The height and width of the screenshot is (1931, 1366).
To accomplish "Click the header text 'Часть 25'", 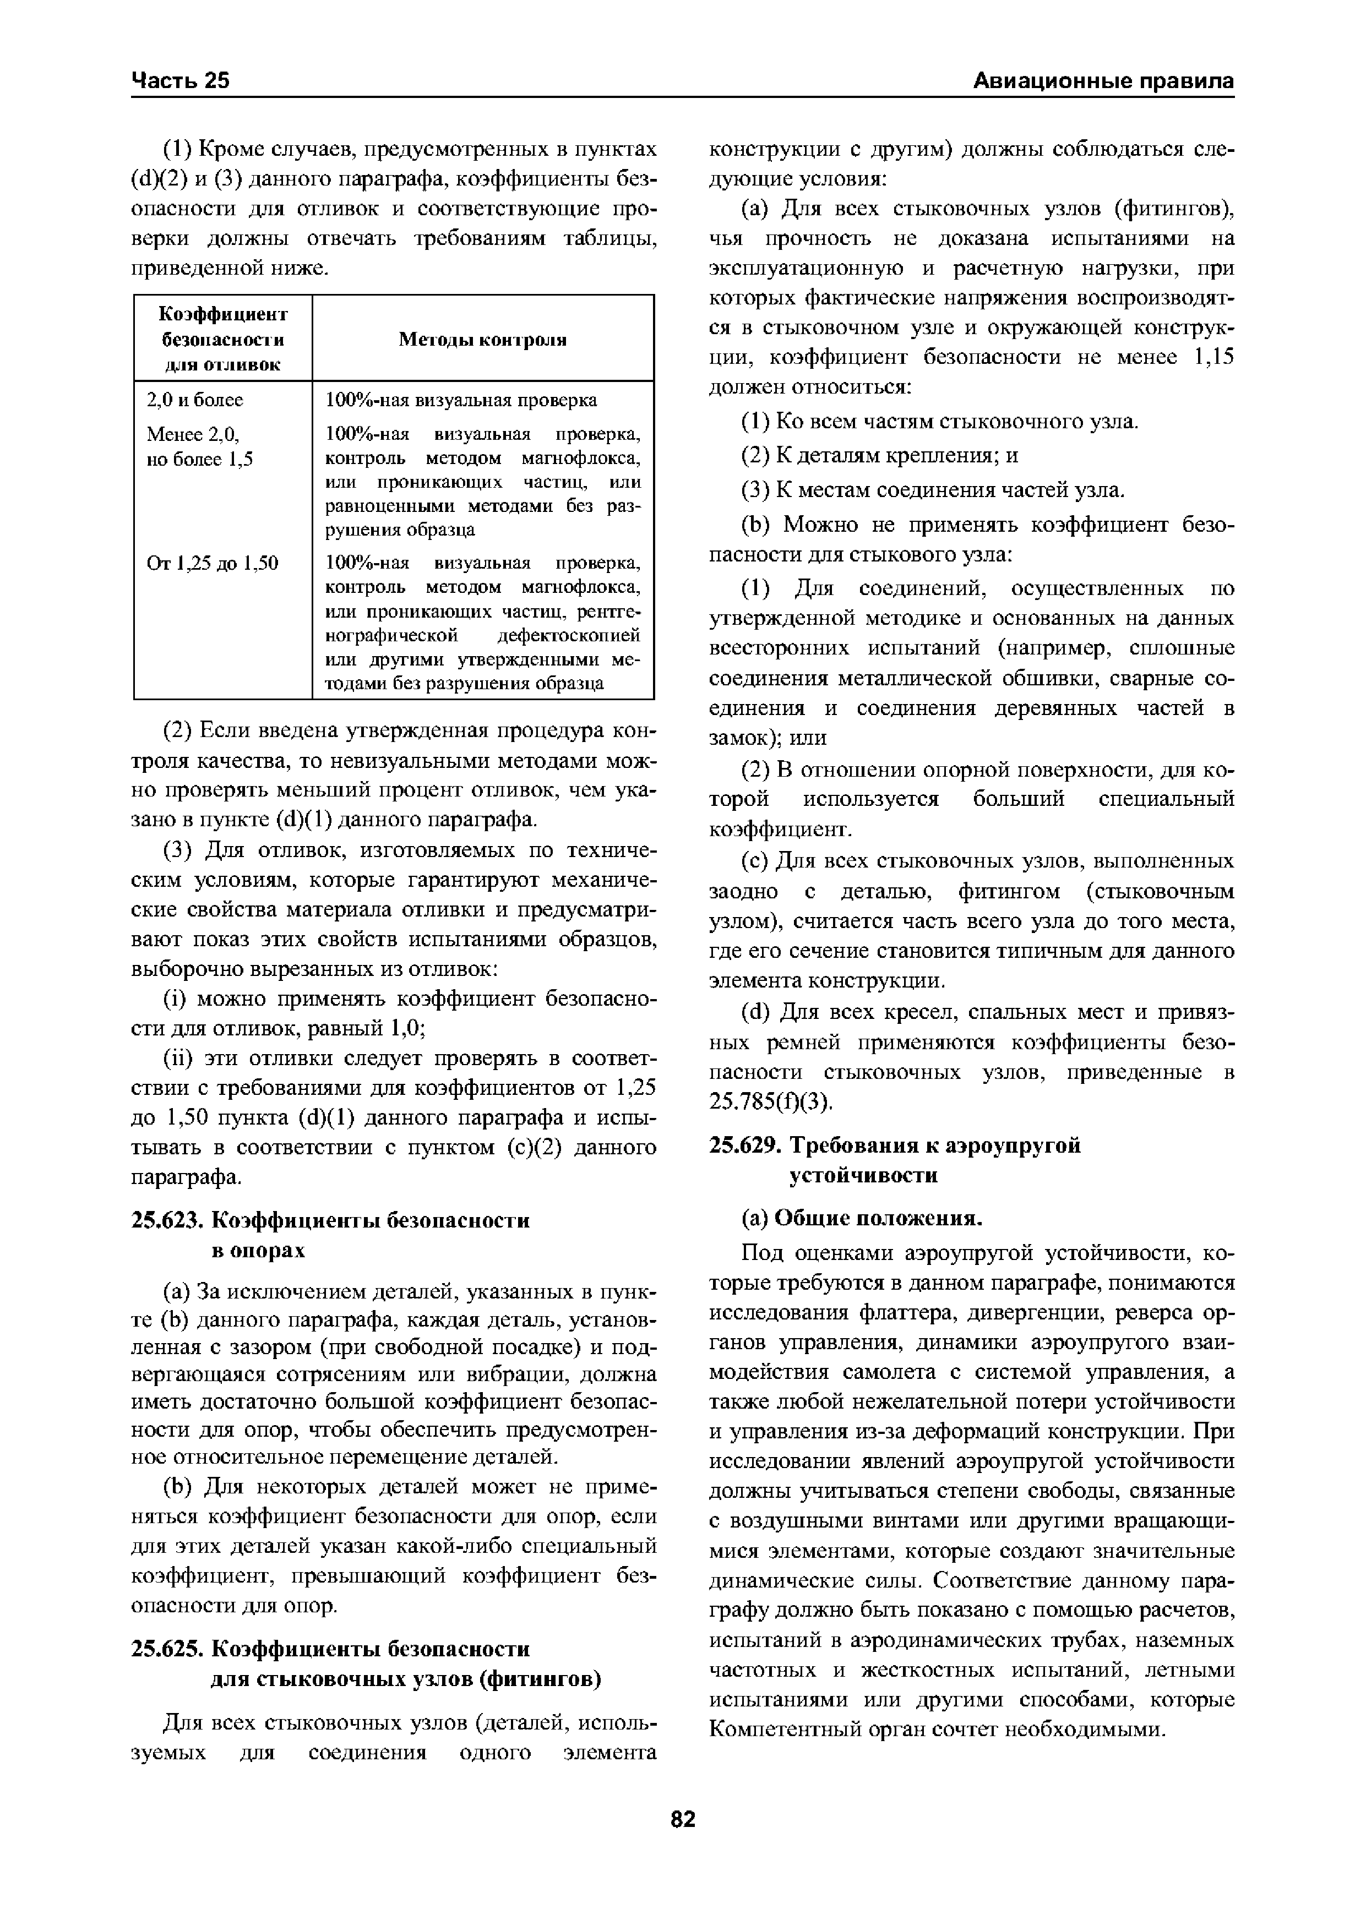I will click(180, 81).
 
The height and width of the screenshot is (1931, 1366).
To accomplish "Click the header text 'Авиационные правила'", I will click(1103, 81).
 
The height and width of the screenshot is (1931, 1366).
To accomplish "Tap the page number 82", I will click(683, 1819).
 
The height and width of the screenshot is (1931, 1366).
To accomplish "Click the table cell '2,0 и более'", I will click(194, 400).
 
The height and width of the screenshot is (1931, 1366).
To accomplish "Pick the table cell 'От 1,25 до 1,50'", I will click(212, 563).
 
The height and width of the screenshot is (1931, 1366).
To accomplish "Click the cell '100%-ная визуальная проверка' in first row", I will click(461, 400).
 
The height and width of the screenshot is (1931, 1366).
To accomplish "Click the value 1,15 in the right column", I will click(1213, 357).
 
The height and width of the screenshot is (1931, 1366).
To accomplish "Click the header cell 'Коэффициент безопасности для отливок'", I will click(223, 339).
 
